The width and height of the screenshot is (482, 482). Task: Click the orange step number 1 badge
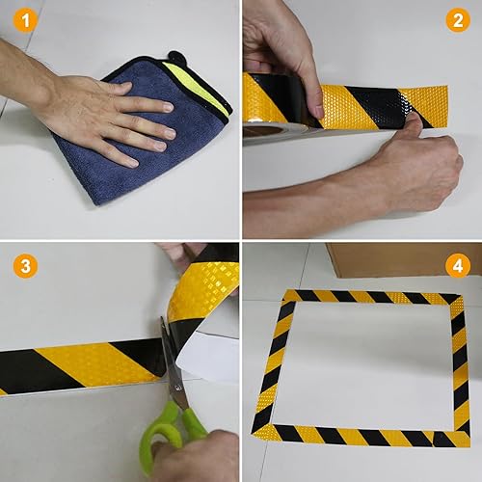[25, 20]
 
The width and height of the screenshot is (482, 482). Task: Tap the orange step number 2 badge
[458, 20]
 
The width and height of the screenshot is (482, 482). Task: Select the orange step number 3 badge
[25, 266]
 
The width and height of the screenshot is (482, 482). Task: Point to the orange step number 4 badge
[458, 266]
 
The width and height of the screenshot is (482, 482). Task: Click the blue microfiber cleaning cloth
[142, 135]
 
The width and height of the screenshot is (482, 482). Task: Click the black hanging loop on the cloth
[176, 57]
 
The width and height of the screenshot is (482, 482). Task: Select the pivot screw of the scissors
[177, 388]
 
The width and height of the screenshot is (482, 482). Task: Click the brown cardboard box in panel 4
[403, 259]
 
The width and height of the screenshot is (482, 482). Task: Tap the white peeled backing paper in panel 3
[208, 355]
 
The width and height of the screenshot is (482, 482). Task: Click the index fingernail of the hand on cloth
[169, 107]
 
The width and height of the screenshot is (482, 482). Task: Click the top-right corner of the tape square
[463, 295]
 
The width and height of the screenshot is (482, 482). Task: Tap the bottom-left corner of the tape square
[254, 434]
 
